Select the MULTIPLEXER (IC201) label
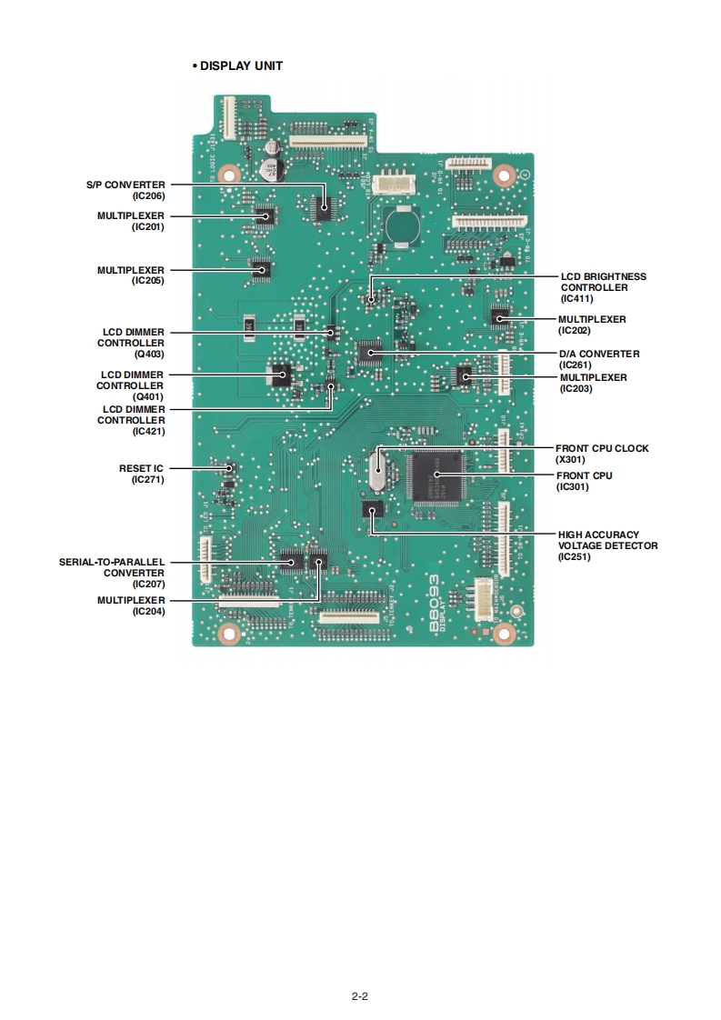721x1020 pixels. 131,221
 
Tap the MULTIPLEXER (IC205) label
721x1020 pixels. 131,275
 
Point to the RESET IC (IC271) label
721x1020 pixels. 141,474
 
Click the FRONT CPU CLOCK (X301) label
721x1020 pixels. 602,454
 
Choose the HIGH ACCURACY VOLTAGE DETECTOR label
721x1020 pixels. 607,545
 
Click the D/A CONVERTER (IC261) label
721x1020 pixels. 599,359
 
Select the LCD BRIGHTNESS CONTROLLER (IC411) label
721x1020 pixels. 603,287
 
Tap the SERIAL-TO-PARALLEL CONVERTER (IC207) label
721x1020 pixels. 112,573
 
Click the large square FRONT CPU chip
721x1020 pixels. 436,476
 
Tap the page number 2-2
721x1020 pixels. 360,995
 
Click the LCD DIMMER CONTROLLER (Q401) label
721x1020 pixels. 131,385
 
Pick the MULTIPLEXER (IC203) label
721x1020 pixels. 593,383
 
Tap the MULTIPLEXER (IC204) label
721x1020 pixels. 131,605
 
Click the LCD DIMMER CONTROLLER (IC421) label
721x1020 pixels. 131,420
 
